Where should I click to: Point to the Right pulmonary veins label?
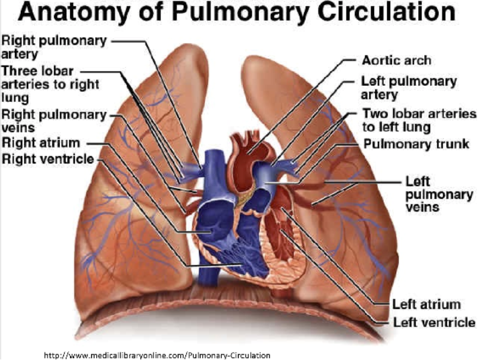tap(54, 120)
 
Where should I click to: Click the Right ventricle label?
tap(48, 159)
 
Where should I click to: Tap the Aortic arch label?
tap(396, 60)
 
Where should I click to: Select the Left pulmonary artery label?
tap(409, 88)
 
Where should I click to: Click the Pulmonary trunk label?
tap(416, 144)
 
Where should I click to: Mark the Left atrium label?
tap(426, 304)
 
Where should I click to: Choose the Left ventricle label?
tap(434, 322)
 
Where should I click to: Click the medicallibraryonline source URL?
tap(157, 355)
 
